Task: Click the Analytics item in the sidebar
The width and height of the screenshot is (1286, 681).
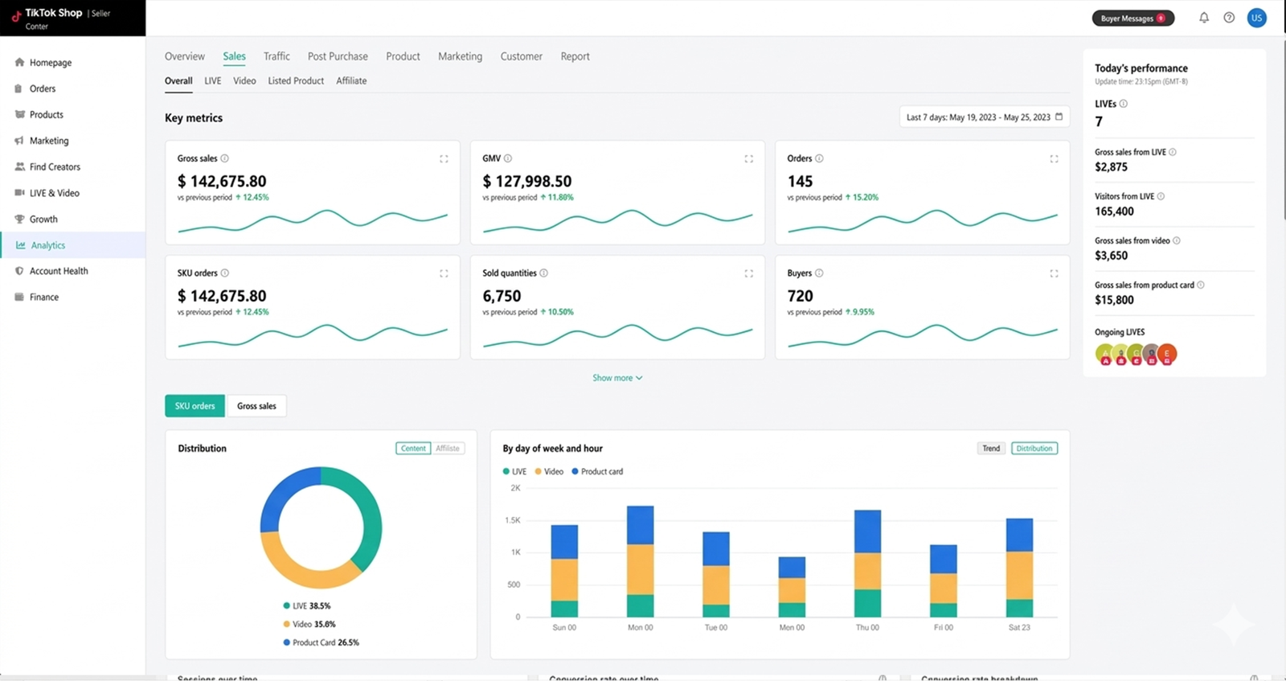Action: [x=47, y=245]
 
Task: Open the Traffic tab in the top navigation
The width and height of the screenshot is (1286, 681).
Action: [x=276, y=56]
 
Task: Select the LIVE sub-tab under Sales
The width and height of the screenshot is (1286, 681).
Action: [x=212, y=80]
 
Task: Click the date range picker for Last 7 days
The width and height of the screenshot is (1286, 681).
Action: [x=984, y=117]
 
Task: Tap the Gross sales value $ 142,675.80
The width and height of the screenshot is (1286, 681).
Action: [x=222, y=181]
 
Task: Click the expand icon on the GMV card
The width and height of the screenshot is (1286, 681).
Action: [x=748, y=159]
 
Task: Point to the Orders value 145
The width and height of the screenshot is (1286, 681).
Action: [x=800, y=181]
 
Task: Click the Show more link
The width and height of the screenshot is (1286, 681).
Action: [x=616, y=378]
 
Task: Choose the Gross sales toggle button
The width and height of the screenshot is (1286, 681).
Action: [x=256, y=406]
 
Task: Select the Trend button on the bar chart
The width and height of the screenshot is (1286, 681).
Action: [x=991, y=449]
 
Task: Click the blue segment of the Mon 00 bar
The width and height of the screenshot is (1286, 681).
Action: [x=640, y=525]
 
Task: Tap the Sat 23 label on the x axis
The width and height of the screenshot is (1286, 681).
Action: [x=1019, y=627]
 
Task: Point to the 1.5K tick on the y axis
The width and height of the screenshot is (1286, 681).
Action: [x=513, y=520]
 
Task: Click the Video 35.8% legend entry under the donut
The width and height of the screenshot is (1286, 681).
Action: [x=313, y=624]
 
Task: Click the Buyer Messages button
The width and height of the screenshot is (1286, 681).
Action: [x=1132, y=18]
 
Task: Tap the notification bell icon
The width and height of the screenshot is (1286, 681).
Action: [x=1204, y=18]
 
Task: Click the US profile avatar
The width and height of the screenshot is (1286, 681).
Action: [x=1256, y=18]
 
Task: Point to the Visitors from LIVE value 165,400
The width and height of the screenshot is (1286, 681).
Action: [x=1114, y=211]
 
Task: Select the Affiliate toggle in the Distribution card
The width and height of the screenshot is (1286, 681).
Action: [x=448, y=449]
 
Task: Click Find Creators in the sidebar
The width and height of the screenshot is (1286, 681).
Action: [x=55, y=166]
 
